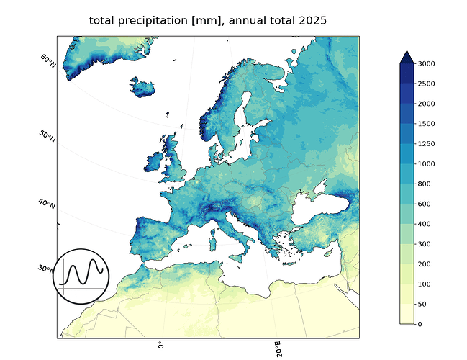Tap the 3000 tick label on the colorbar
click(426, 63)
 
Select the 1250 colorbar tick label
click(426, 144)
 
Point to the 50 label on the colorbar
click(422, 304)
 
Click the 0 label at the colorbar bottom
click(420, 324)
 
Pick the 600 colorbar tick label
click(424, 204)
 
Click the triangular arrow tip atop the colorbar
click(407, 57)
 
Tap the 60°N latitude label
click(48, 60)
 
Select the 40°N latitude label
click(47, 204)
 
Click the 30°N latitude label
click(45, 269)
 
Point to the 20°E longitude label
click(278, 349)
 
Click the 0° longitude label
click(161, 346)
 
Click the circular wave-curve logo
click(81, 276)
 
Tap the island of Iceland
click(142, 86)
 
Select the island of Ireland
click(154, 162)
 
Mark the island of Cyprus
click(328, 253)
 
